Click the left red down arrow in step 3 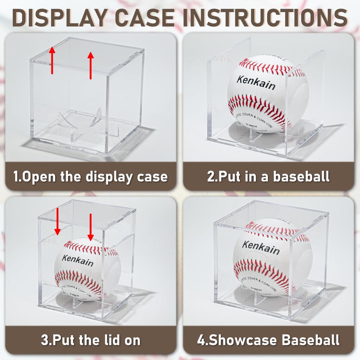coord(57,221)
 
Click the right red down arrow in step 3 coord(90,227)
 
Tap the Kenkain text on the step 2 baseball coord(256,83)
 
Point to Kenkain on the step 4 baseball coord(261,247)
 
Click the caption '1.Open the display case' coord(90,176)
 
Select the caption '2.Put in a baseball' coord(268,176)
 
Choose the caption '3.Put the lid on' coord(90,340)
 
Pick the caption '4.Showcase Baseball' coord(268,340)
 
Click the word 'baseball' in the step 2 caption coord(301,176)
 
